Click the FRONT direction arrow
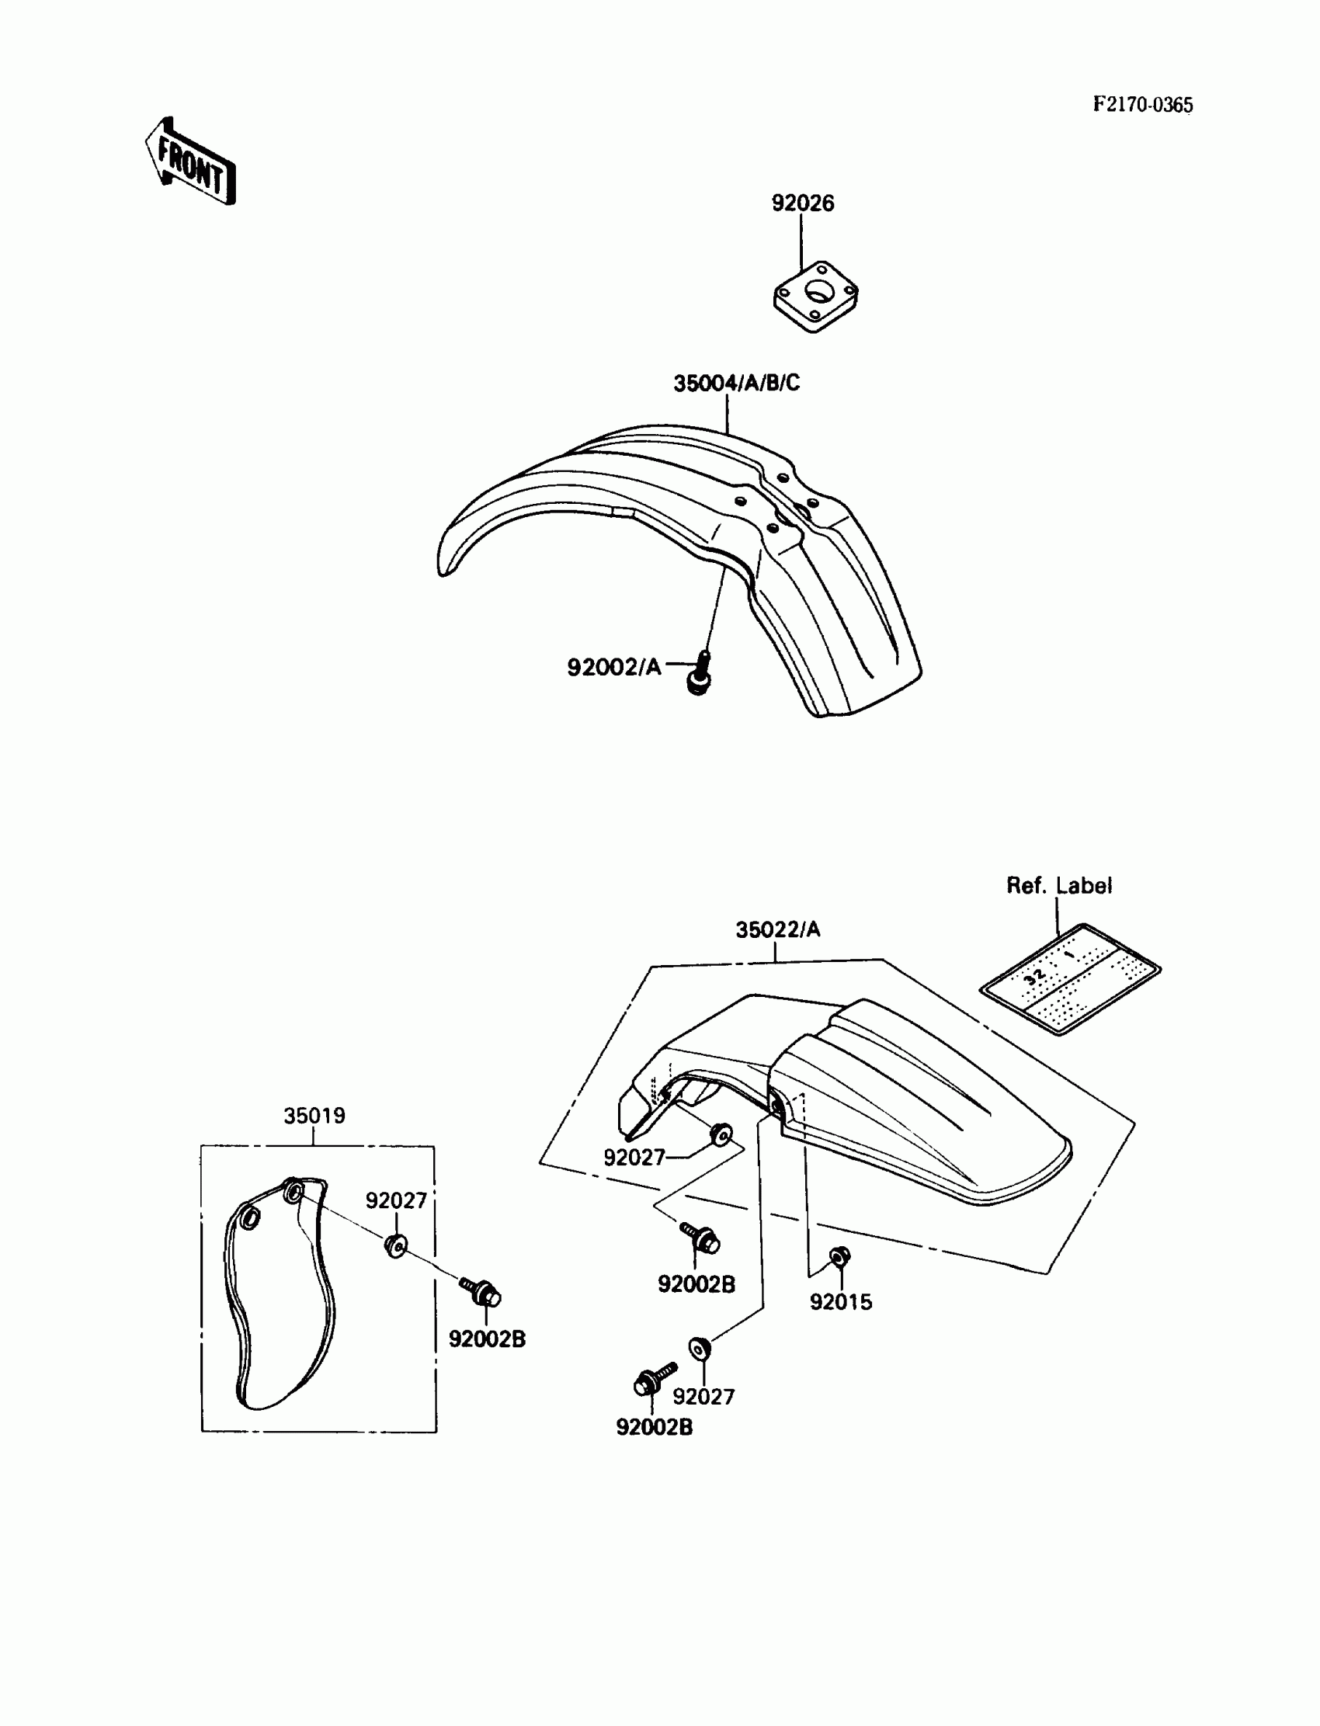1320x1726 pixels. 191,162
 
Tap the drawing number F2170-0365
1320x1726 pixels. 1142,106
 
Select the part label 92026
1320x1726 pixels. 802,203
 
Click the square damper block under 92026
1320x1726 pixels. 815,297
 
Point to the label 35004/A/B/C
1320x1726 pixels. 736,384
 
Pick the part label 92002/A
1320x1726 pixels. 613,668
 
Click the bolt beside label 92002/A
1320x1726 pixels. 700,674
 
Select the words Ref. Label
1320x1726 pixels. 1058,886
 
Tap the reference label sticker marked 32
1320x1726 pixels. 1070,979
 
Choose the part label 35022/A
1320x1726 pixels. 777,930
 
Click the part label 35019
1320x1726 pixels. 314,1116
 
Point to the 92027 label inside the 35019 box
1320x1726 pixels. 396,1200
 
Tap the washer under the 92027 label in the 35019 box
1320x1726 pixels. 395,1246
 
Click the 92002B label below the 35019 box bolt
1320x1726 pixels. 486,1339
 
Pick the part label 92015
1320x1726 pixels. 841,1303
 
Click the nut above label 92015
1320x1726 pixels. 839,1258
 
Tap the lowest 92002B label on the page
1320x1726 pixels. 654,1428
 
